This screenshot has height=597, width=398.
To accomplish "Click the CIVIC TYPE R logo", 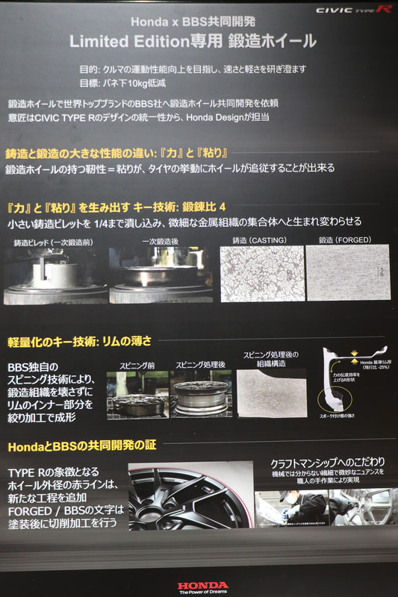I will pos(353,10).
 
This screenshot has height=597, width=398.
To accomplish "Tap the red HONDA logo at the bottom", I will pos(202,584).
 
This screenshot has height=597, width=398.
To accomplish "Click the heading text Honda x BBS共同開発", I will pos(193,22).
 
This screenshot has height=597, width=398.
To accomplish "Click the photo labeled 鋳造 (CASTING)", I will pos(262,273).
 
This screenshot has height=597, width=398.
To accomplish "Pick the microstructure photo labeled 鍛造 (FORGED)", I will pos(348,273).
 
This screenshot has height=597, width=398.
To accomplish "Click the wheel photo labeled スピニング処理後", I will pos(200,395).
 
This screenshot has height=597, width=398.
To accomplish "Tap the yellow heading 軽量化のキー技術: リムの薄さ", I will pos(79,341).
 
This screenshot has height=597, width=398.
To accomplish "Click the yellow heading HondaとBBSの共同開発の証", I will pos(81,446).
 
